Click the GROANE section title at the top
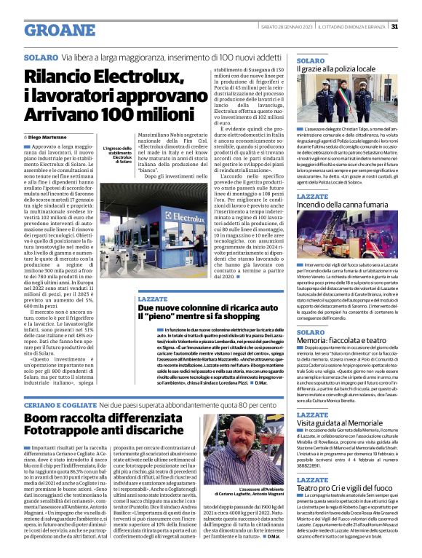(60, 31)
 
